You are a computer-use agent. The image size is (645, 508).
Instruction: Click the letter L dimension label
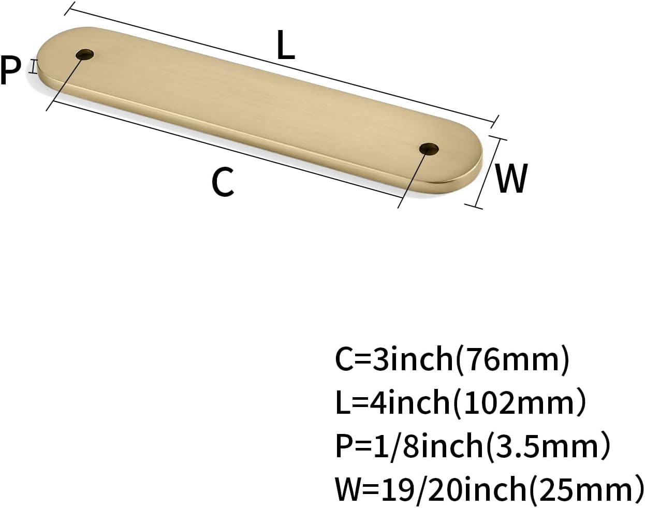[x=286, y=45]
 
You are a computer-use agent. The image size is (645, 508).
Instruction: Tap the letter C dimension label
[x=223, y=182]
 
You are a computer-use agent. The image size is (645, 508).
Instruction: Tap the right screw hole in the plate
[x=429, y=149]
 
